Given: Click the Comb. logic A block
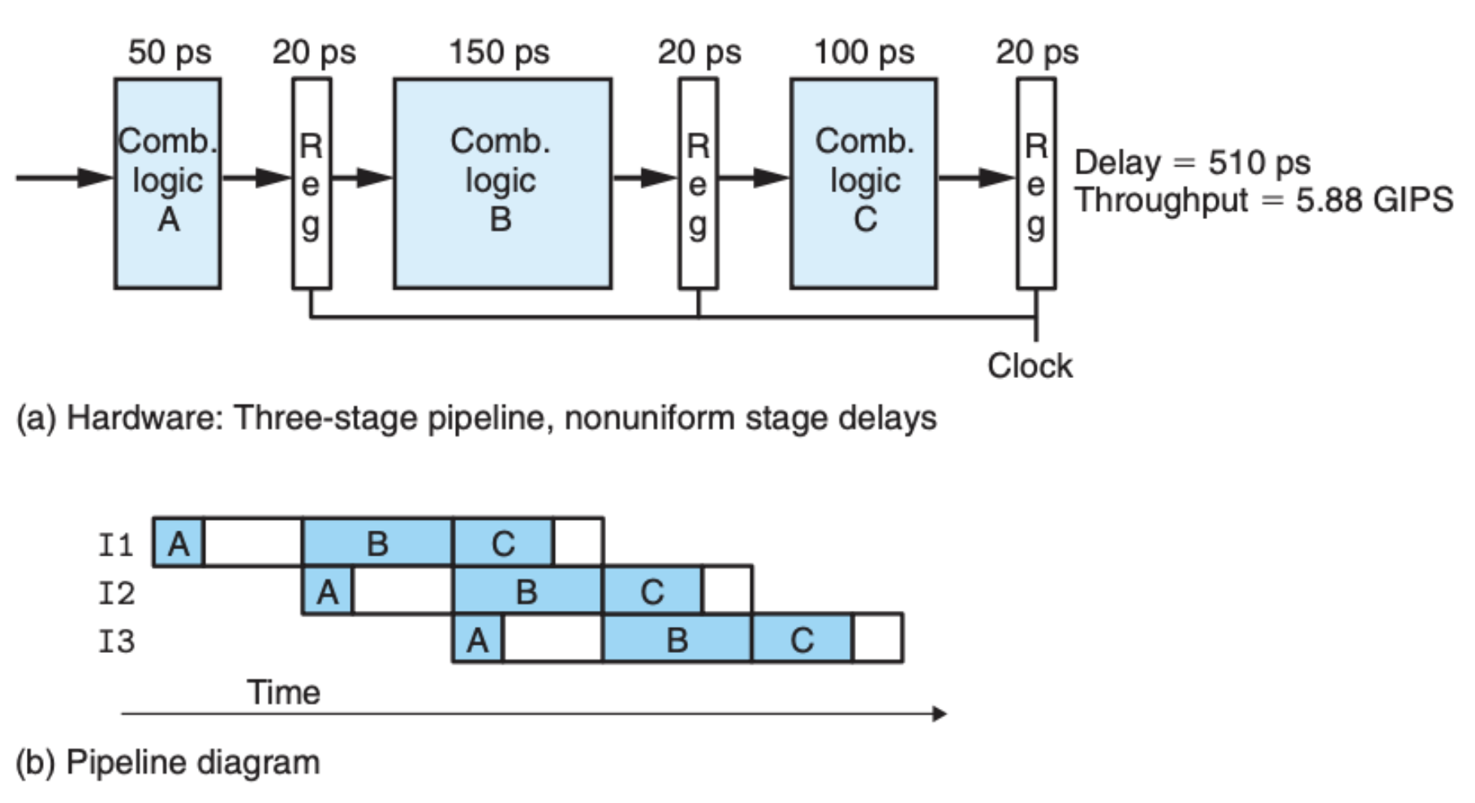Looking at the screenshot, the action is (168, 183).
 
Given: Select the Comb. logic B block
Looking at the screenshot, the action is (503, 183).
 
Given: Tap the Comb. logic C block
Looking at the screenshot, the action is (864, 183).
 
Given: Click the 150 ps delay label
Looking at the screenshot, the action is (500, 52).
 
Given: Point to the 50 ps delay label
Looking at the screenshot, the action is (170, 52).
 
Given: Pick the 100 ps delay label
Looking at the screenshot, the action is (864, 52).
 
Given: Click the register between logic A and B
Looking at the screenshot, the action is (312, 183).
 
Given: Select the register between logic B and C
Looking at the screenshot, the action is (698, 183).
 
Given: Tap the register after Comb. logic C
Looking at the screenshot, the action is (1037, 183).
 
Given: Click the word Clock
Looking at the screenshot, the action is (1030, 366).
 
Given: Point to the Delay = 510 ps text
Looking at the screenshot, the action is (1192, 162).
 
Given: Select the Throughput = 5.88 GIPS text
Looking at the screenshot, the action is (1264, 200).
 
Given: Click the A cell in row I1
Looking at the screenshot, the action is (178, 542).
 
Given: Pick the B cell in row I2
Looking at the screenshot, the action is (527, 590).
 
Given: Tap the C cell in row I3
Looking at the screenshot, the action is (802, 638).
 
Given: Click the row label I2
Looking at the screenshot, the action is (116, 593).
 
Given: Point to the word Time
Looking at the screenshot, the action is (283, 692).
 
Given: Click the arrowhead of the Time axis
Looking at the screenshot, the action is (940, 714).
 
